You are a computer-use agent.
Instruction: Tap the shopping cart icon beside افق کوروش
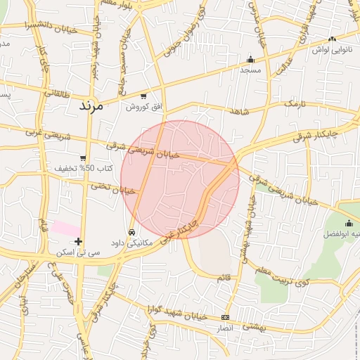143,96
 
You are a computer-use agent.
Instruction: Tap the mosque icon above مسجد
250,60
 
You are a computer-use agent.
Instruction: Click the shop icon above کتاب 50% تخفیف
84,158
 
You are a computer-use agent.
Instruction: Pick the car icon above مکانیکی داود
131,232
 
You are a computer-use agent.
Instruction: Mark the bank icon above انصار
225,317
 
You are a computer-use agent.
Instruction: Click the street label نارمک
296,103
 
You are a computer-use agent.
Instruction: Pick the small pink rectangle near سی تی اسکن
66,229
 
